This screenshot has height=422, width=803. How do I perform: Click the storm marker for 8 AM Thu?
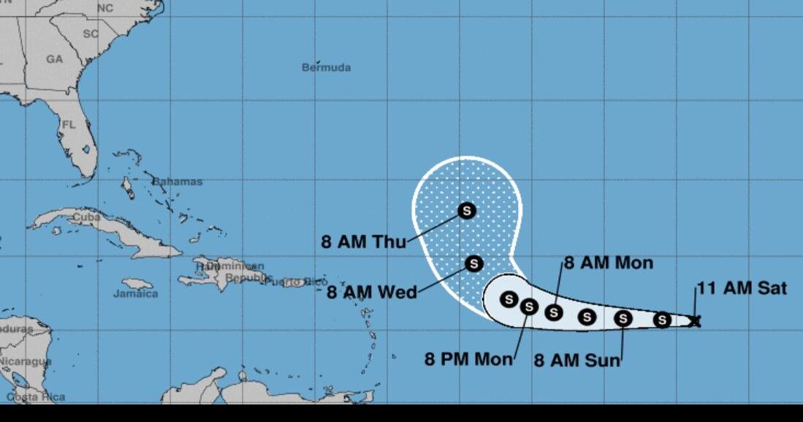[467, 211]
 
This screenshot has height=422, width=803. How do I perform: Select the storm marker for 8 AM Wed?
[474, 263]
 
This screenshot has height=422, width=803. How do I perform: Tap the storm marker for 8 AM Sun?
[623, 318]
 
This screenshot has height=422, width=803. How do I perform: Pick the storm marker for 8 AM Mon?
[554, 312]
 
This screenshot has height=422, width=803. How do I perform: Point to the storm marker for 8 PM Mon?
[529, 306]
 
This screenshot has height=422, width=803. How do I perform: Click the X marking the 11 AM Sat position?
[695, 320]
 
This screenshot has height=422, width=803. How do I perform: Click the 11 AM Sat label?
[742, 288]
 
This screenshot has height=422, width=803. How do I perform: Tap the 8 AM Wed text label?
[371, 293]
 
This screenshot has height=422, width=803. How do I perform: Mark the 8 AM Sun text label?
[577, 360]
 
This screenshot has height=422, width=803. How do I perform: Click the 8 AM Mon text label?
[608, 263]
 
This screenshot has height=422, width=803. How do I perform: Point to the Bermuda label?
[327, 67]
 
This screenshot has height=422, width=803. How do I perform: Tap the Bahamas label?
[178, 181]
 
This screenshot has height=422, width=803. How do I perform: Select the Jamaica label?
[135, 293]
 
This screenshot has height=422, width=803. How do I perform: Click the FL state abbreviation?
[69, 125]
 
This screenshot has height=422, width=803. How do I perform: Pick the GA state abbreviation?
[55, 59]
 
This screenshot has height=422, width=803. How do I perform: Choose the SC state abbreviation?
[91, 34]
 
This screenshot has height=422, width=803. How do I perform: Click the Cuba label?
[86, 217]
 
